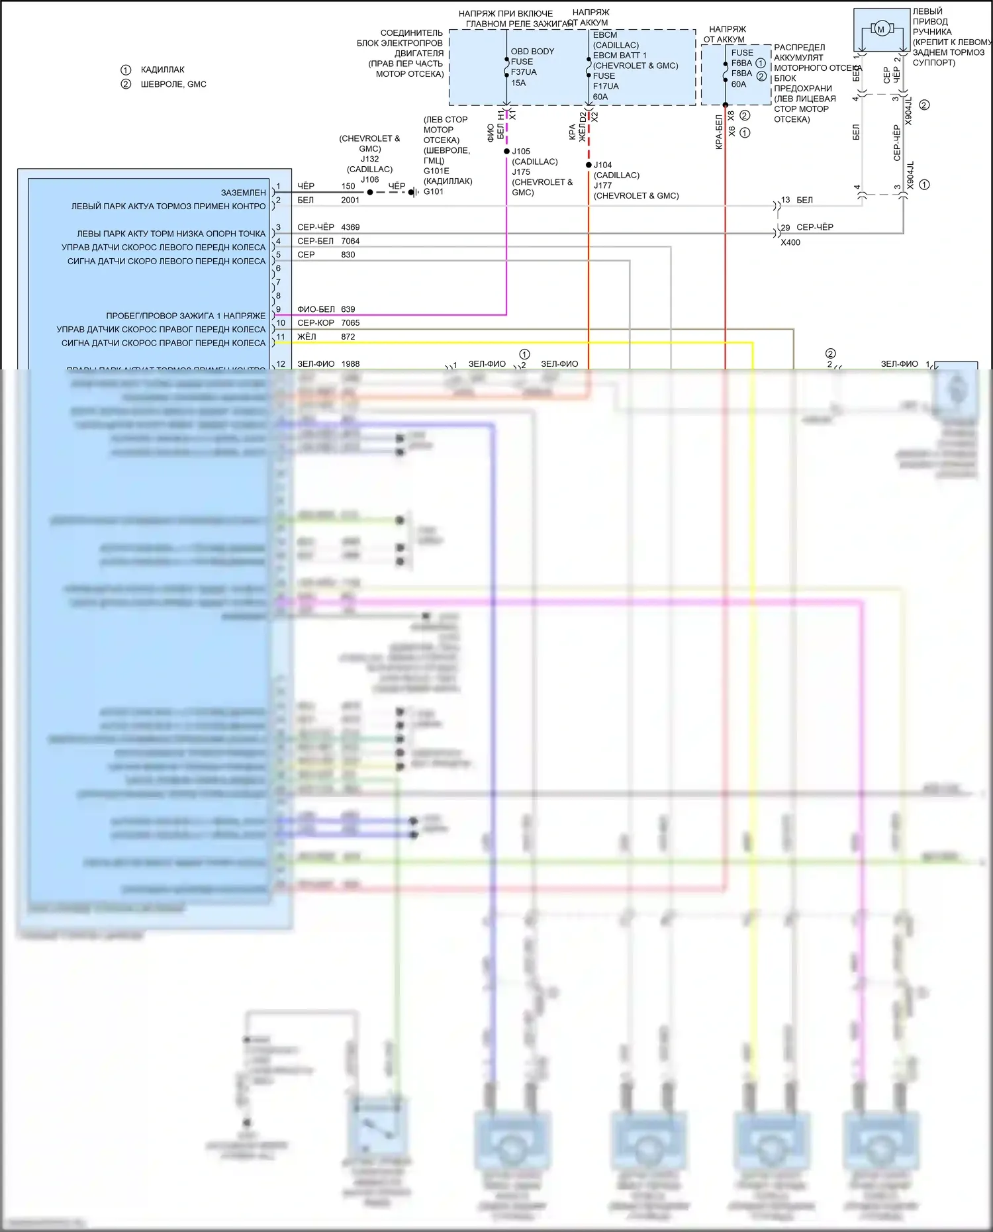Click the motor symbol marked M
tap(880, 28)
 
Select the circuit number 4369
tap(350, 227)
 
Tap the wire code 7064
tap(350, 241)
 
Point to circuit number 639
tap(348, 309)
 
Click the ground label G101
tap(434, 191)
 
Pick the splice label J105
tap(521, 152)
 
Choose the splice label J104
tap(602, 165)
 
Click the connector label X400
tap(790, 242)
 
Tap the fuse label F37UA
tap(524, 72)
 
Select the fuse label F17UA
tap(606, 86)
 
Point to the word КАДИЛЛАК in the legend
tap(163, 70)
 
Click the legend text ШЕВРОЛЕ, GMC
tap(173, 84)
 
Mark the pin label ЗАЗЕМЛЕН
tap(243, 193)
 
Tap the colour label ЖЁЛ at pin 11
tap(307, 337)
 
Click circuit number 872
tap(348, 337)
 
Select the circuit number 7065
tap(350, 323)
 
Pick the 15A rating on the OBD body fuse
tap(518, 83)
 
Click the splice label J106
tap(369, 179)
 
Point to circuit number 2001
tap(350, 200)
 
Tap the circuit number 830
tap(348, 255)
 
